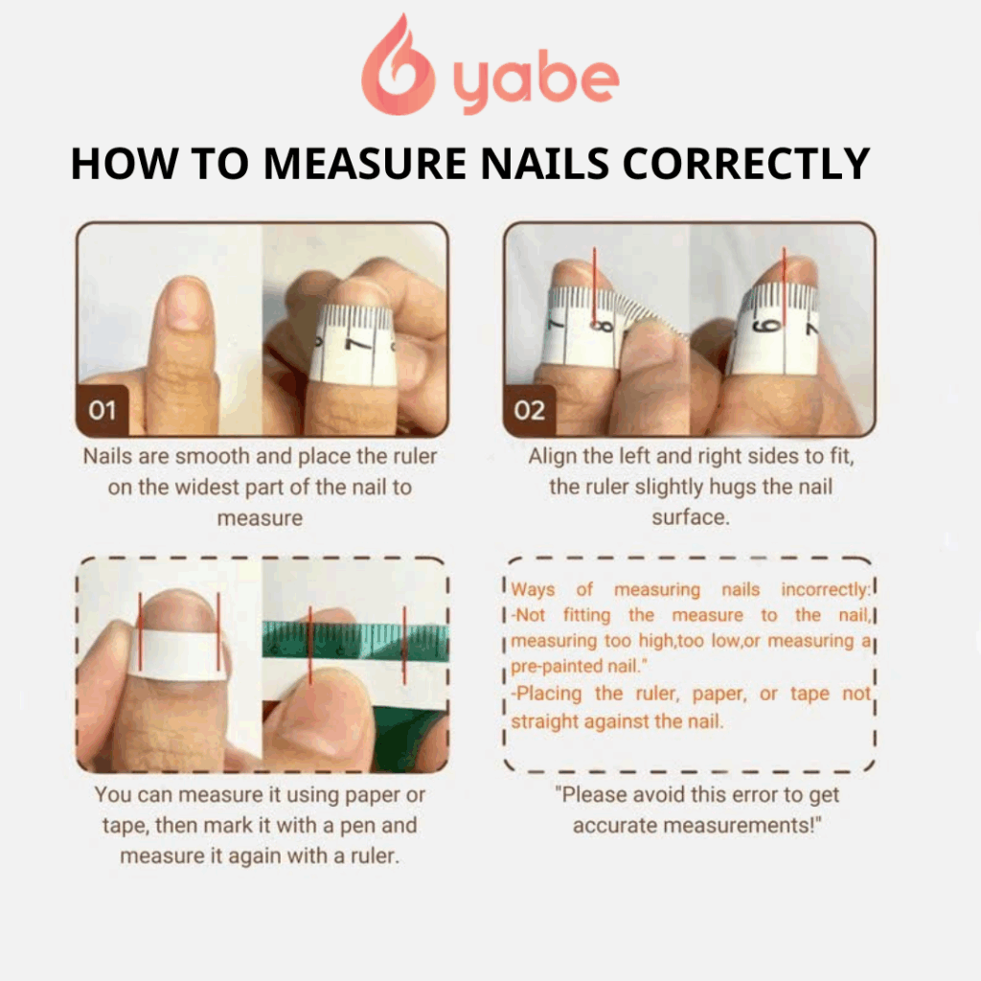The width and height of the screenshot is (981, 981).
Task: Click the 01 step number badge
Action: pos(102,411)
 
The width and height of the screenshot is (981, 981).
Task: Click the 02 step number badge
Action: pos(529,411)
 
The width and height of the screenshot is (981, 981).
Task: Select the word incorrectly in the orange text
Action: pos(826,589)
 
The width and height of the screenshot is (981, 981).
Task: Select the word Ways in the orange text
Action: pos(533,589)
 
